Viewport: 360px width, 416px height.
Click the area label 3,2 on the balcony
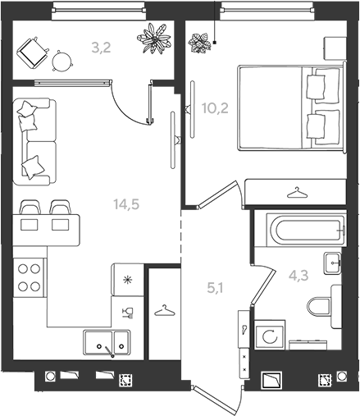pyautogui.click(x=101, y=48)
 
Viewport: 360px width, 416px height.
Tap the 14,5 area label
pyautogui.click(x=126, y=204)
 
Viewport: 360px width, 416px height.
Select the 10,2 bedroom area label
pyautogui.click(x=215, y=108)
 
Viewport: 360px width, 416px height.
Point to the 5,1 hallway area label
pyautogui.click(x=215, y=288)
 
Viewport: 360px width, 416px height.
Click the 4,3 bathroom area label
pyautogui.click(x=298, y=276)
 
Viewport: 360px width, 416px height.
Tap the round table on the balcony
pyautogui.click(x=62, y=62)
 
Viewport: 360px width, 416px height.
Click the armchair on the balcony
pyautogui.click(x=33, y=53)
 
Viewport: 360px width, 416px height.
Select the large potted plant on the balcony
pyautogui.click(x=154, y=38)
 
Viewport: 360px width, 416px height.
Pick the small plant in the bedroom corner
pyautogui.click(x=199, y=43)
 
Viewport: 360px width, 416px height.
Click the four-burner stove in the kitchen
pyautogui.click(x=29, y=277)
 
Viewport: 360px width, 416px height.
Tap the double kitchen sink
pyautogui.click(x=107, y=342)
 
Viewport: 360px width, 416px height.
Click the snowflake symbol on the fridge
pyautogui.click(x=126, y=280)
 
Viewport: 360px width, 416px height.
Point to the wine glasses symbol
pyautogui.click(x=128, y=313)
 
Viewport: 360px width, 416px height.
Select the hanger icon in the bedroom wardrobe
pyautogui.click(x=297, y=192)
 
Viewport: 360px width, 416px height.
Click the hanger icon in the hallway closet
pyautogui.click(x=164, y=310)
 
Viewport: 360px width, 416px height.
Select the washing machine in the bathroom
pyautogui.click(x=270, y=335)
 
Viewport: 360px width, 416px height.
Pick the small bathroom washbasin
pyautogui.click(x=333, y=263)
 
